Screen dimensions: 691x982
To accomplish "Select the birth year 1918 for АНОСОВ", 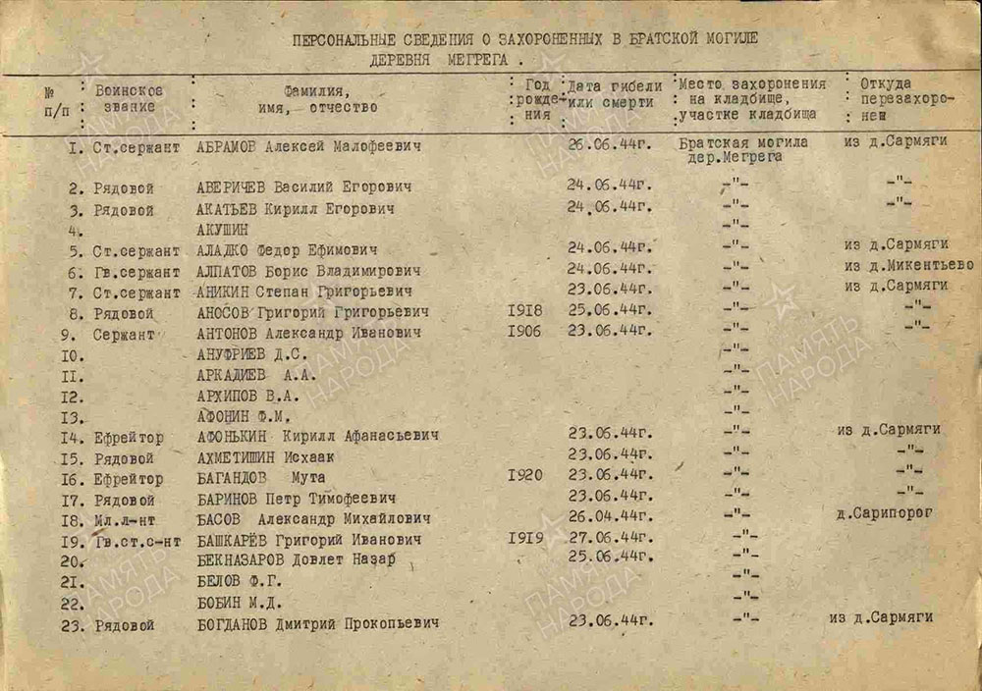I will tap(525, 311).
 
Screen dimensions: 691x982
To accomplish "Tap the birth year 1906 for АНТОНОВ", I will tap(525, 332).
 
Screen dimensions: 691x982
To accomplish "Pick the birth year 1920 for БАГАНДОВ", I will tap(525, 475).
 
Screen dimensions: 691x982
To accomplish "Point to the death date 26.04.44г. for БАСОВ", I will tap(610, 515).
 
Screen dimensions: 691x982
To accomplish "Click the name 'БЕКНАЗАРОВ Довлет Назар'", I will tap(296, 559).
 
